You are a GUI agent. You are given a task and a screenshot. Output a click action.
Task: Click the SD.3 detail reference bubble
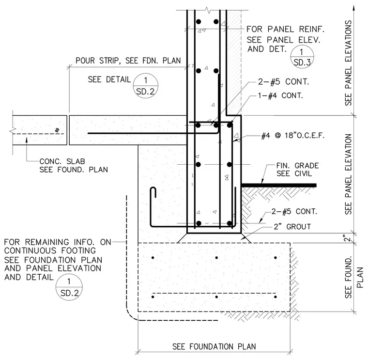302,57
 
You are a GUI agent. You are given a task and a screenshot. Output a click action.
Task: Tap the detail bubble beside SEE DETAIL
146,85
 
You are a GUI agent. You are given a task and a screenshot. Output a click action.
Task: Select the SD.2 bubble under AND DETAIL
69,287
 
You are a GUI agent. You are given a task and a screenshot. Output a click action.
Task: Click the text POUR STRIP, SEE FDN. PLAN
128,61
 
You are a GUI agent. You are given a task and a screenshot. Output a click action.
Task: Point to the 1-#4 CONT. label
280,95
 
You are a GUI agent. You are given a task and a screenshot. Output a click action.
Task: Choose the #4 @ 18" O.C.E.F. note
293,136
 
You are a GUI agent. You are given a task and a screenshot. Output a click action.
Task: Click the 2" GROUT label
292,227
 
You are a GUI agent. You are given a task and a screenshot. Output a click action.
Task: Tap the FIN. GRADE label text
297,166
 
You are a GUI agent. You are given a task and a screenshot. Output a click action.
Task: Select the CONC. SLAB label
62,161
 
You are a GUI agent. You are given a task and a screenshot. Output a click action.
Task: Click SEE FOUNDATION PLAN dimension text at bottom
214,346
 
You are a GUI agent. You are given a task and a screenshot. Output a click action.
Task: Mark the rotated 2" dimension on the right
348,238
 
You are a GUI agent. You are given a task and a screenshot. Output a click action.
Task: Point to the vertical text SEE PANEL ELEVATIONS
348,63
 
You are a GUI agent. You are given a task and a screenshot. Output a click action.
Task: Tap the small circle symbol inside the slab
57,130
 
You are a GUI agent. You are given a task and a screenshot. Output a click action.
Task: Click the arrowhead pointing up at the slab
27,140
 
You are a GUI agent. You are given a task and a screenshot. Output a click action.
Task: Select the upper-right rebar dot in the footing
276,258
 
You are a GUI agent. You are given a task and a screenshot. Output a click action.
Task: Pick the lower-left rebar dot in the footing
153,297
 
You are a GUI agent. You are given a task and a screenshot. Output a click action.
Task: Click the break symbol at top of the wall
207,10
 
